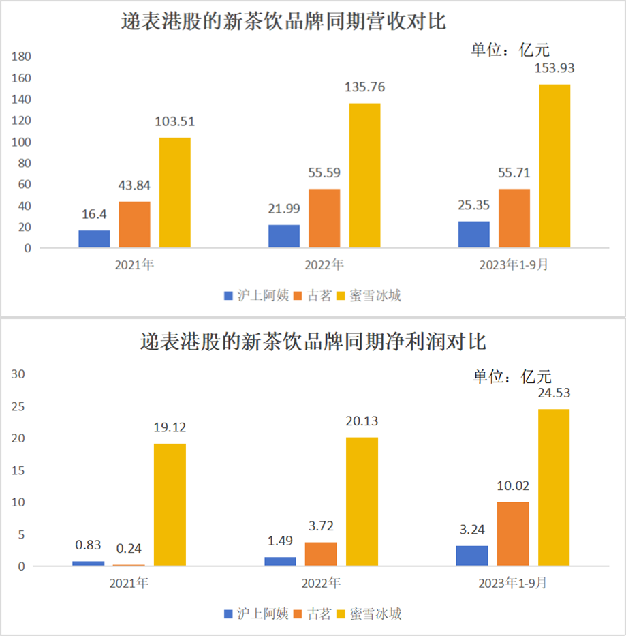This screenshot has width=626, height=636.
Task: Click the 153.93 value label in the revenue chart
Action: (554, 68)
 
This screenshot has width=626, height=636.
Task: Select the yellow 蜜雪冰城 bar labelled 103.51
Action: (175, 193)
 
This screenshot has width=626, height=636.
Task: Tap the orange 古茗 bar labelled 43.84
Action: (135, 225)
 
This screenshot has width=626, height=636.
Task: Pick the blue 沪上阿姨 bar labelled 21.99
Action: (284, 236)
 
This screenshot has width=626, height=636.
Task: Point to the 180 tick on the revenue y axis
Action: (22, 57)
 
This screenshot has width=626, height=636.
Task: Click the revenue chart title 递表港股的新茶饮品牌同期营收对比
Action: (283, 21)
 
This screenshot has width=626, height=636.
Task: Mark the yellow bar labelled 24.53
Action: (554, 487)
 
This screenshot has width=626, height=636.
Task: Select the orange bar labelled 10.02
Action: (513, 534)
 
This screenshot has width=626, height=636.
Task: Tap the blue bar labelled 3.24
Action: (472, 556)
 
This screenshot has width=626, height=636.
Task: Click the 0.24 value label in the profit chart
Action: (129, 549)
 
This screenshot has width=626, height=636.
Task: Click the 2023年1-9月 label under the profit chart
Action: (512, 583)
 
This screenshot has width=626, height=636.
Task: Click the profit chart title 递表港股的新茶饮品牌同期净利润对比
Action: (313, 342)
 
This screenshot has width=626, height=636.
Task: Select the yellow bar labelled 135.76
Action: (364, 175)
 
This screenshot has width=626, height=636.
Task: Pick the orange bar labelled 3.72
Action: (321, 554)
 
